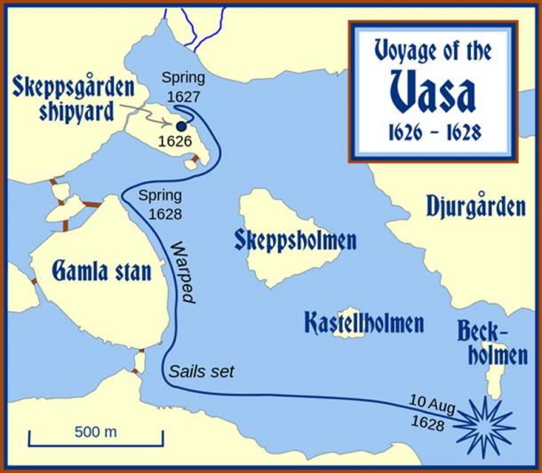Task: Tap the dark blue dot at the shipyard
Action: pos(181,127)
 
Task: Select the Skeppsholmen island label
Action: pos(295,240)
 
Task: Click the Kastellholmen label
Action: pos(363,321)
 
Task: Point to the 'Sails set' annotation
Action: pos(200,371)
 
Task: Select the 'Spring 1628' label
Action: pos(158,203)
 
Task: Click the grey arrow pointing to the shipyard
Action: pos(154,113)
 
